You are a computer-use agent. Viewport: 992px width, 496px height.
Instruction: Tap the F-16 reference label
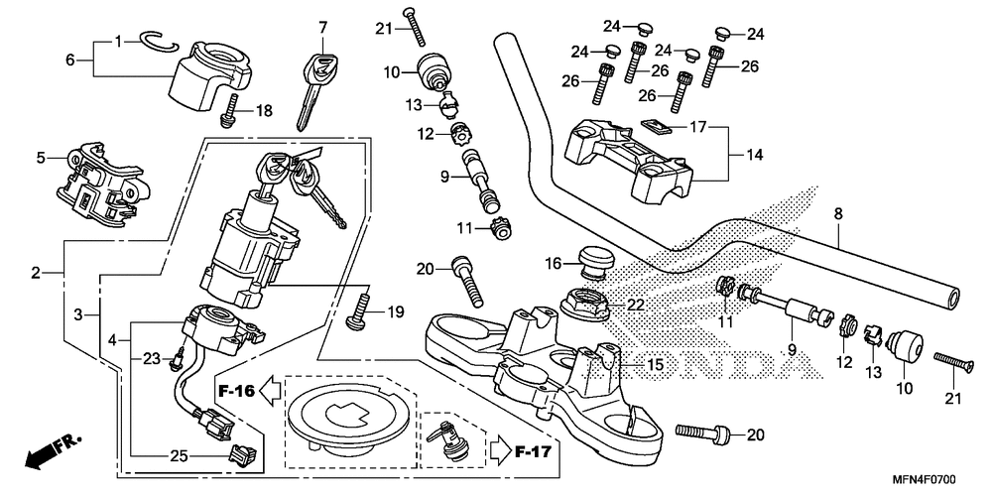237,391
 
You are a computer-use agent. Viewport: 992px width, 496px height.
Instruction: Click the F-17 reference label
533,451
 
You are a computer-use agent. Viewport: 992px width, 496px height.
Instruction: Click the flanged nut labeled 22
584,303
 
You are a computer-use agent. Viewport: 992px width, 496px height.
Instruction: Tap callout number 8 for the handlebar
838,214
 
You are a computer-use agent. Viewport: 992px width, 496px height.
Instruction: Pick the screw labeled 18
230,110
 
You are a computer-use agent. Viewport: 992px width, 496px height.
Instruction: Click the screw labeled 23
176,357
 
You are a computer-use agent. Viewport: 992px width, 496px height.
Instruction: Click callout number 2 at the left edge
36,274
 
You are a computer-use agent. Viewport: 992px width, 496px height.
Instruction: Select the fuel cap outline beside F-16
349,418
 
